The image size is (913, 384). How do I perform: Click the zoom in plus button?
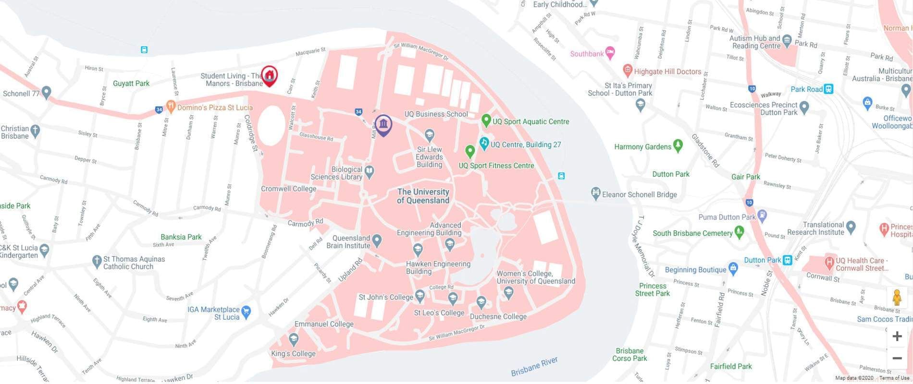click(897, 336)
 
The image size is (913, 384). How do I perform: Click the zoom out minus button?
click(897, 358)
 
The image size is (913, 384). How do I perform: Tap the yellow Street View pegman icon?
click(897, 298)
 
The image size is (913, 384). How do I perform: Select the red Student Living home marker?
click(270, 75)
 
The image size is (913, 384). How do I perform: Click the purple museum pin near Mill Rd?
click(383, 125)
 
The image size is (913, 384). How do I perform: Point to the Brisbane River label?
click(534, 367)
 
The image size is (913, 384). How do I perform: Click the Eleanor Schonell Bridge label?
click(639, 194)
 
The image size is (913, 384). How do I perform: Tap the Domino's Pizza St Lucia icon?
click(170, 106)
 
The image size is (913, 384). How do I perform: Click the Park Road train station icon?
click(828, 89)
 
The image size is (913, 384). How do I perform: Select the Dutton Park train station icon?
click(787, 260)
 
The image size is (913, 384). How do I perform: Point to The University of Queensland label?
click(423, 196)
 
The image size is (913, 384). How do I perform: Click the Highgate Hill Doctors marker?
click(627, 71)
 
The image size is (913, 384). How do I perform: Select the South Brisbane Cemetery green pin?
click(740, 232)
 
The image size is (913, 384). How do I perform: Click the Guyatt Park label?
click(131, 83)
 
